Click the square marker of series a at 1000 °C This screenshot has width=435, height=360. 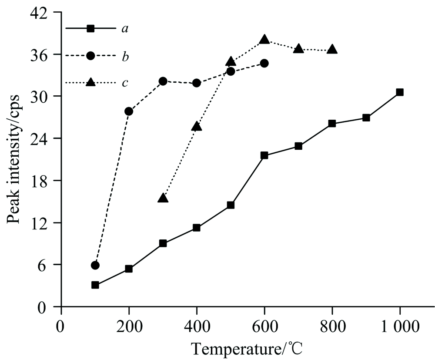[x=400, y=92]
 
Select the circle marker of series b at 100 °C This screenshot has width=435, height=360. [x=95, y=265]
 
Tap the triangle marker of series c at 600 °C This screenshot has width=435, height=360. [x=264, y=40]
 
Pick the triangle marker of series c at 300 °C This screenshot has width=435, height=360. [x=163, y=199]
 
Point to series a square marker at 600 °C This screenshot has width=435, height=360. [x=264, y=155]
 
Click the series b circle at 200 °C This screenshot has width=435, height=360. [x=129, y=111]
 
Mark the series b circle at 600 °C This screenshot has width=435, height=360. [x=264, y=64]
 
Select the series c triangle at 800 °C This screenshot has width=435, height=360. [x=332, y=49]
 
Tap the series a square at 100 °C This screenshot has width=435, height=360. [x=95, y=285]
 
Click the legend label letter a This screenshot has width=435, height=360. [x=125, y=29]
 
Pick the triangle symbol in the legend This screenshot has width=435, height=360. [x=90, y=82]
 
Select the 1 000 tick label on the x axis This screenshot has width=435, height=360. [x=399, y=325]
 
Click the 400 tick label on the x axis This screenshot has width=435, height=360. [x=197, y=325]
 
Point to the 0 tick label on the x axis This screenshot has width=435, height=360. [x=61, y=325]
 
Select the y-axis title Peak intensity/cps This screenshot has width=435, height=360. [x=14, y=159]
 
